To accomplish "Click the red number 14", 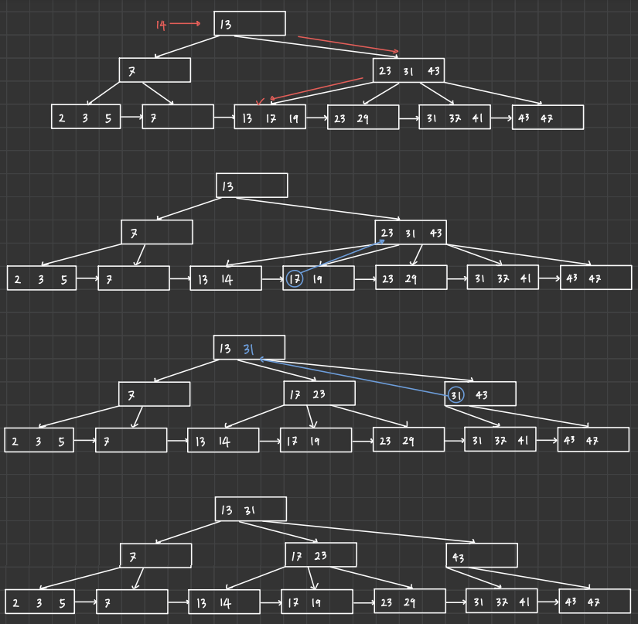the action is [x=161, y=25].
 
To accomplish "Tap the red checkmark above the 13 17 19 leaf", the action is [x=261, y=101].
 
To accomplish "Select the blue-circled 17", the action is [x=294, y=279].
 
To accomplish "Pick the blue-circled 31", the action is [x=456, y=395].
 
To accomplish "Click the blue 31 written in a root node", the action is [x=248, y=349].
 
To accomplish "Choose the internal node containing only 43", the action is [x=481, y=555].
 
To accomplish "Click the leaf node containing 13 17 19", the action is [x=270, y=118].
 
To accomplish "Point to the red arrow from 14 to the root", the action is [x=186, y=24].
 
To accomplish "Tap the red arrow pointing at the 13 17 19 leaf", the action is [x=317, y=88].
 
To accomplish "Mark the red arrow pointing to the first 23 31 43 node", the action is [x=348, y=44].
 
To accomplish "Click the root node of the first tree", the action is [x=250, y=24].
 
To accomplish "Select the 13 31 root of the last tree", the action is [x=251, y=510].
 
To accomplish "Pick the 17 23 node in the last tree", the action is [x=321, y=555].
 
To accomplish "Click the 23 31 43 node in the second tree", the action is [x=411, y=233].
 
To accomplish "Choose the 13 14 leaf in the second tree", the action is [x=226, y=279].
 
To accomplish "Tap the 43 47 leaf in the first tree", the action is [x=548, y=118].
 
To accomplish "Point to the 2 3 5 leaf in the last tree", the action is [x=40, y=602].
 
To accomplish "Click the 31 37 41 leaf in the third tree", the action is [x=500, y=440].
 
